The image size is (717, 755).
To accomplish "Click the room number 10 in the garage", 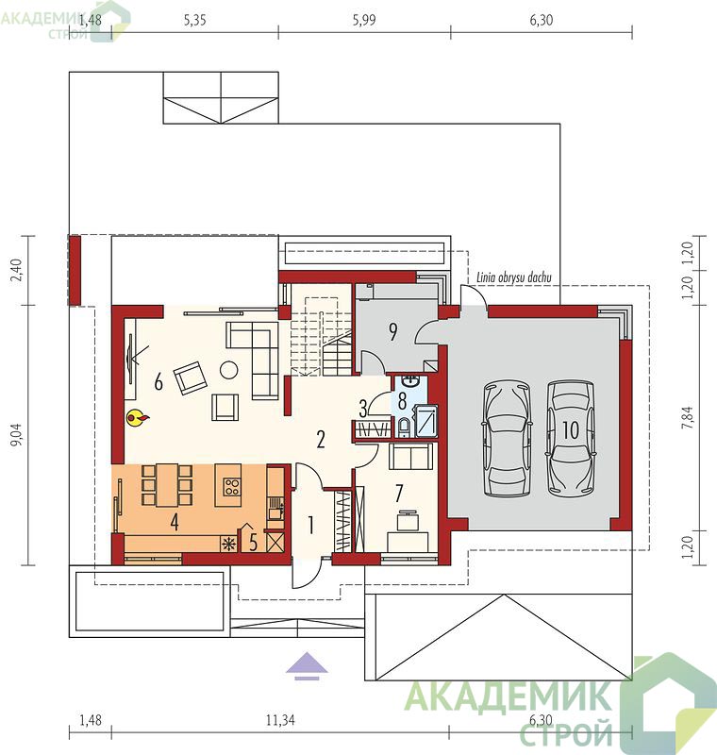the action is coord(571,430).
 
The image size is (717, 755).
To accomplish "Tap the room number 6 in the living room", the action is coord(158,382).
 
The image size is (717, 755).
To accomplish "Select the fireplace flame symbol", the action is coord(137,418).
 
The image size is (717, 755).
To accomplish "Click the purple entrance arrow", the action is coord(307,666).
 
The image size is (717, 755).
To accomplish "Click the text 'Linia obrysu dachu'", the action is coord(514,277).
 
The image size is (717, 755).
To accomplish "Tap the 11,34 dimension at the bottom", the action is coord(279,720).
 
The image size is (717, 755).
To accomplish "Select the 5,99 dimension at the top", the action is coord(364,20).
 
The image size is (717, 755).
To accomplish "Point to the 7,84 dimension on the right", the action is coord(689,417).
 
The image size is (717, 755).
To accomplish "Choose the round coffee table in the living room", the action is coord(228,370).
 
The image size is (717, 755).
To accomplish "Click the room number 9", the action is coord(393,332).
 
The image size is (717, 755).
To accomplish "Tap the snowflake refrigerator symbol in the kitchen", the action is coord(228,545).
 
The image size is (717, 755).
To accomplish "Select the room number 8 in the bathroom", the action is coord(402,400).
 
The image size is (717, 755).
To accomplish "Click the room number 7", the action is coord(399,493).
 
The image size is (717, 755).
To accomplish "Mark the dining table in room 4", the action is coord(168,485).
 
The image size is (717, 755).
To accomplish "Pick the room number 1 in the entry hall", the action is coord(311,526).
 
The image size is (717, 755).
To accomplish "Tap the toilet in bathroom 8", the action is coord(404,428).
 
